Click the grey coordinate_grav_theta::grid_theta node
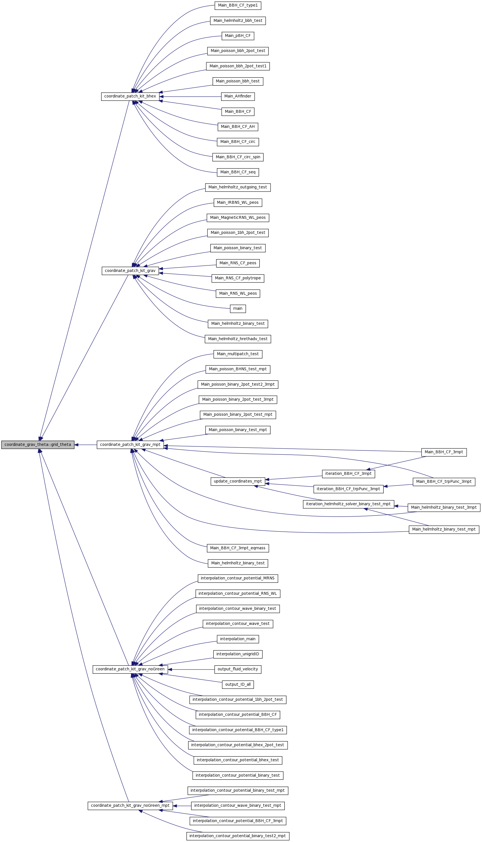38,444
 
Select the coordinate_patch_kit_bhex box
130,96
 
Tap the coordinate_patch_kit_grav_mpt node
130,444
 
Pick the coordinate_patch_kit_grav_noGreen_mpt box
130,806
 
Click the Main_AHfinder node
238,96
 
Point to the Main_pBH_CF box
238,36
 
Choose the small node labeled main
238,309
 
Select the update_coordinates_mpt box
238,481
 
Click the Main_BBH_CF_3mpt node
444,452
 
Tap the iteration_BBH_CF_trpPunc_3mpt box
348,489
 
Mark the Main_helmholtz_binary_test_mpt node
444,529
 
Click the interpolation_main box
238,639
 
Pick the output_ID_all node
238,685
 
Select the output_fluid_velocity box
238,669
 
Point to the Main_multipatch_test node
238,354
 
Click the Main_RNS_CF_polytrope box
238,278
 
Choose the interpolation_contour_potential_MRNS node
238,578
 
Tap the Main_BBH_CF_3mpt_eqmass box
238,548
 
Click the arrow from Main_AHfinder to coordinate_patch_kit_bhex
190,97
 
